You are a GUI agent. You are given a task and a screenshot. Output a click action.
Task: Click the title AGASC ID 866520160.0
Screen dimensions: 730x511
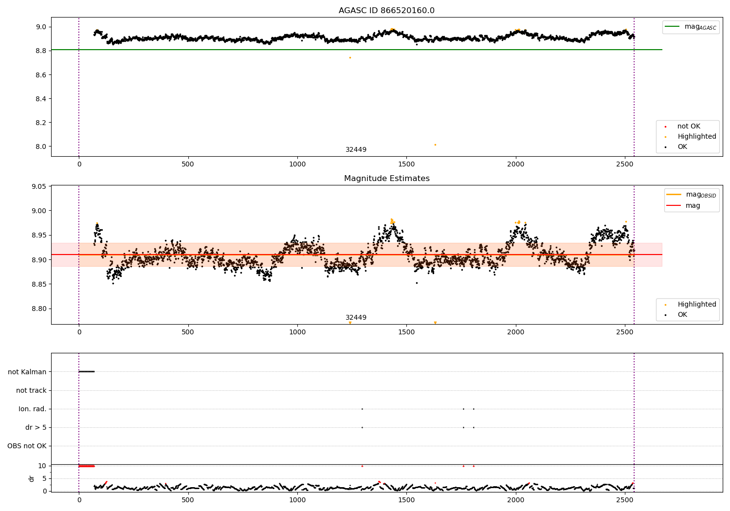(386, 10)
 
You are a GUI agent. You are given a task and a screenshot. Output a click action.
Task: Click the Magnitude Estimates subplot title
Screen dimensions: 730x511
(387, 178)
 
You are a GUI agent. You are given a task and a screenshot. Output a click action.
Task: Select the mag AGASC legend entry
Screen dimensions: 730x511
(691, 27)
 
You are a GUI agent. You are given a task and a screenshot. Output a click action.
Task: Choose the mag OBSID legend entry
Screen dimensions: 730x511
(691, 195)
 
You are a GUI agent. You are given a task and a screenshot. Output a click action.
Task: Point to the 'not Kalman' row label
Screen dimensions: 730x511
(27, 372)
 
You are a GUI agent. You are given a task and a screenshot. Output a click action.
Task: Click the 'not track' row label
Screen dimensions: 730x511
(31, 390)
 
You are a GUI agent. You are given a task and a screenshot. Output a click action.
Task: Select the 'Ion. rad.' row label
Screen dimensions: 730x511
(32, 409)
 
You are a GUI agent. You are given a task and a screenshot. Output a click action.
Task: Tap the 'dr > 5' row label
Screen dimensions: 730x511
(36, 427)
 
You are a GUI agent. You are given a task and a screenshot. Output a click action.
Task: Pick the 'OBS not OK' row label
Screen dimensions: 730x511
(27, 446)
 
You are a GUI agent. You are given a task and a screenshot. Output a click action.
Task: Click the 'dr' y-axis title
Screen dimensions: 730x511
(31, 479)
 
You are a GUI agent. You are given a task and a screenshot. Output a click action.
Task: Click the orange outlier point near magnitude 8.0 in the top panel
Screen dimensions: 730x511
(436, 145)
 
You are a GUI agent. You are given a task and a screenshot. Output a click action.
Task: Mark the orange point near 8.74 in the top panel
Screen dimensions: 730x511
(350, 58)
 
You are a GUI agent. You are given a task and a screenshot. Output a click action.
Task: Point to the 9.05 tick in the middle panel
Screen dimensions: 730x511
(38, 186)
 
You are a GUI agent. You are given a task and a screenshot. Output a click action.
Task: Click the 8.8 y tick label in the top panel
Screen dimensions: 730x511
(41, 51)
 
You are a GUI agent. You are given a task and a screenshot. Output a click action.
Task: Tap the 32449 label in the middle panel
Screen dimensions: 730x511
(356, 317)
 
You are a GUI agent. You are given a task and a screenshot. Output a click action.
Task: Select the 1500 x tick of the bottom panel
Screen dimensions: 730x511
(406, 500)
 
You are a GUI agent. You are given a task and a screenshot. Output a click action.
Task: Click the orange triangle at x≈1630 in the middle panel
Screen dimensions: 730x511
(436, 323)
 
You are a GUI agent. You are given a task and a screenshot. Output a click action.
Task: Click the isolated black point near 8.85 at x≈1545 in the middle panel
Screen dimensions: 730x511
(417, 283)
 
